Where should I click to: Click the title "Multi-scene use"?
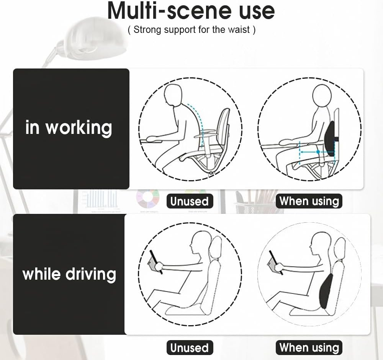tap(191, 11)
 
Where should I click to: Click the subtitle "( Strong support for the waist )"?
tap(191, 30)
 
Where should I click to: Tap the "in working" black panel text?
tap(69, 127)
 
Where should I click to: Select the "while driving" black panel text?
tap(69, 274)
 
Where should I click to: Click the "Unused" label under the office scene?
tap(189, 201)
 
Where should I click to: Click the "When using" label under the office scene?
tap(309, 201)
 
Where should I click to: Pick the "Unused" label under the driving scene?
tap(189, 348)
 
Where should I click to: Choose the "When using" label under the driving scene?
tap(309, 347)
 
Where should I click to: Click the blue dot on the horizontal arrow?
tap(318, 152)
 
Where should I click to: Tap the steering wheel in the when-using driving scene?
tap(276, 262)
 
